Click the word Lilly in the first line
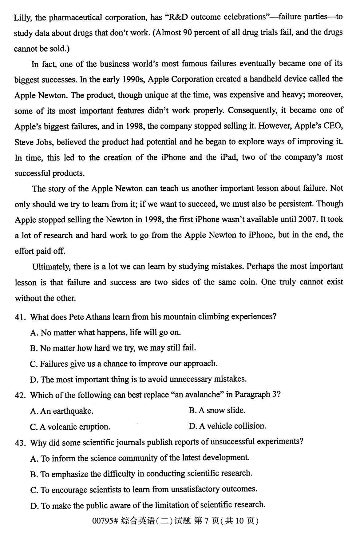(22, 17)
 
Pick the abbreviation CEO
(333, 126)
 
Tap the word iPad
(228, 157)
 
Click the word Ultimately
(51, 267)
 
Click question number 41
(20, 317)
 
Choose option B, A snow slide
(217, 411)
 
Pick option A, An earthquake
(61, 411)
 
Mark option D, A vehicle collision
(227, 426)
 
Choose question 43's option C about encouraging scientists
(144, 489)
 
